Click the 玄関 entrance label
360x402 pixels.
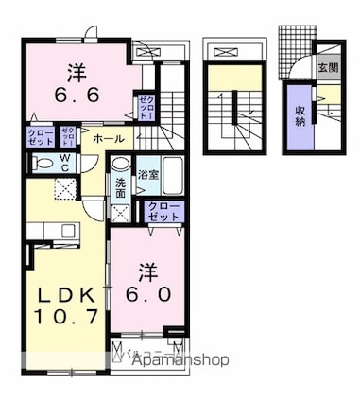(328, 68)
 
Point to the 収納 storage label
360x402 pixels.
(300, 114)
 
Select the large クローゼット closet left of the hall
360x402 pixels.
(41, 136)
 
